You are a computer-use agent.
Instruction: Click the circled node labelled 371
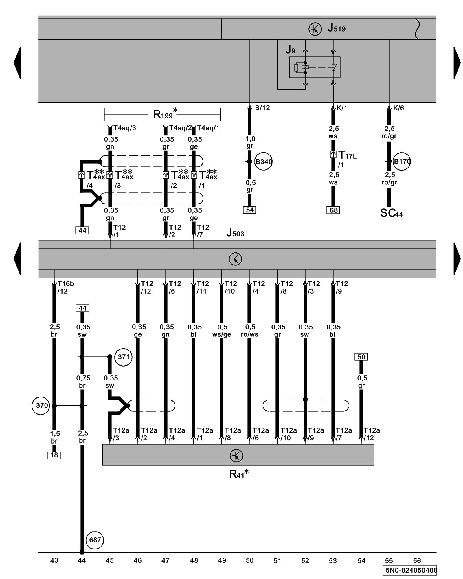pyautogui.click(x=124, y=357)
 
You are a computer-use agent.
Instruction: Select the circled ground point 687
pyautogui.click(x=95, y=540)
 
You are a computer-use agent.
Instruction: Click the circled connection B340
pyautogui.click(x=263, y=161)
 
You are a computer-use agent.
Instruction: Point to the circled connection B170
pyautogui.click(x=402, y=161)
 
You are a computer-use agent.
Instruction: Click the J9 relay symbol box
pyautogui.click(x=315, y=67)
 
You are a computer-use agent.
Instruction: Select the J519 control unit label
pyautogui.click(x=336, y=28)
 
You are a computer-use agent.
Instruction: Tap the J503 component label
pyautogui.click(x=235, y=232)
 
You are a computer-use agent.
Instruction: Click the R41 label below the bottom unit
pyautogui.click(x=238, y=474)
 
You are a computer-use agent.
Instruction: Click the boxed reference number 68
pyautogui.click(x=333, y=210)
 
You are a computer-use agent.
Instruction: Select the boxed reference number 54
pyautogui.click(x=250, y=210)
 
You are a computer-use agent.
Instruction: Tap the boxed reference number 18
pyautogui.click(x=54, y=455)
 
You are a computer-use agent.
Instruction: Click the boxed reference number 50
pyautogui.click(x=361, y=357)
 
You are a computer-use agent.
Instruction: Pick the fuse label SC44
pyautogui.click(x=391, y=213)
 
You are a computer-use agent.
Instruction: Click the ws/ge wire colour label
pyautogui.click(x=222, y=335)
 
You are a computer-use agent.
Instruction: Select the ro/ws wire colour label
pyautogui.click(x=250, y=335)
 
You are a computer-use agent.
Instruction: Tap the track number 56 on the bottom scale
pyautogui.click(x=417, y=561)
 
